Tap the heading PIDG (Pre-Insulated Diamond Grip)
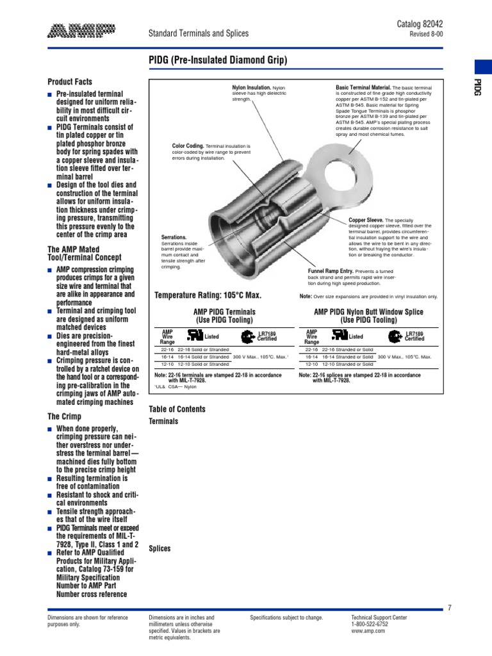tap(218, 61)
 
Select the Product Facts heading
tap(70, 82)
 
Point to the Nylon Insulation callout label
tap(251, 86)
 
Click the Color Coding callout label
tap(188, 146)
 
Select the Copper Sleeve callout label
tap(366, 220)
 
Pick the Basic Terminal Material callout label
tap(363, 86)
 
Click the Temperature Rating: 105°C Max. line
tap(208, 295)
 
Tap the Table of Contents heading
tap(177, 409)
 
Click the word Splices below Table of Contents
tap(160, 548)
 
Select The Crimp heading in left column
tap(64, 416)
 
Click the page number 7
tap(450, 608)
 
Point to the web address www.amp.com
tap(368, 631)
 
